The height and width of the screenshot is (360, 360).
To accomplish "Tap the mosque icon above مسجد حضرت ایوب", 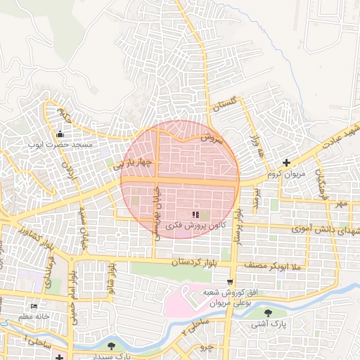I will pyautogui.click(x=60, y=134).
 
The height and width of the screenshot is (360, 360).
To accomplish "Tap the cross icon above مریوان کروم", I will pyautogui.click(x=285, y=162).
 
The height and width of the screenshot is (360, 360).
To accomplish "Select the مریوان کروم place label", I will pyautogui.click(x=283, y=173).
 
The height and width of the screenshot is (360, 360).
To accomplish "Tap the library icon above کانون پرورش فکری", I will pyautogui.click(x=195, y=214).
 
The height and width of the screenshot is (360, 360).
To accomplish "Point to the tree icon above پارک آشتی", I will pyautogui.click(x=268, y=313).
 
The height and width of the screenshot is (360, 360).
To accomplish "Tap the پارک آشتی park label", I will pyautogui.click(x=268, y=325).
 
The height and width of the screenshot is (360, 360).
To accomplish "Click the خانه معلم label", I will pyautogui.click(x=34, y=317).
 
